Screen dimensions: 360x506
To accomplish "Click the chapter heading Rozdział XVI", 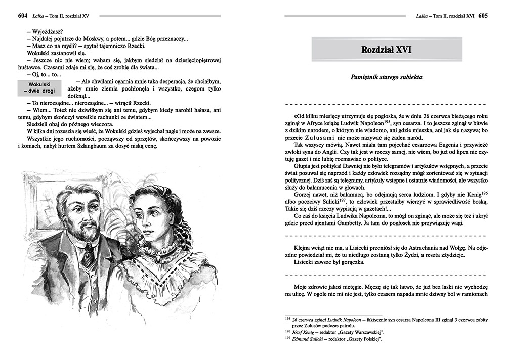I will point(386,50).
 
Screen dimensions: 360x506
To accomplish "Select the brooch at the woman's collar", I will point(158,259).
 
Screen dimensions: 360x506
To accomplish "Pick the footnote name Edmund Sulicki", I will point(311,339).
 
